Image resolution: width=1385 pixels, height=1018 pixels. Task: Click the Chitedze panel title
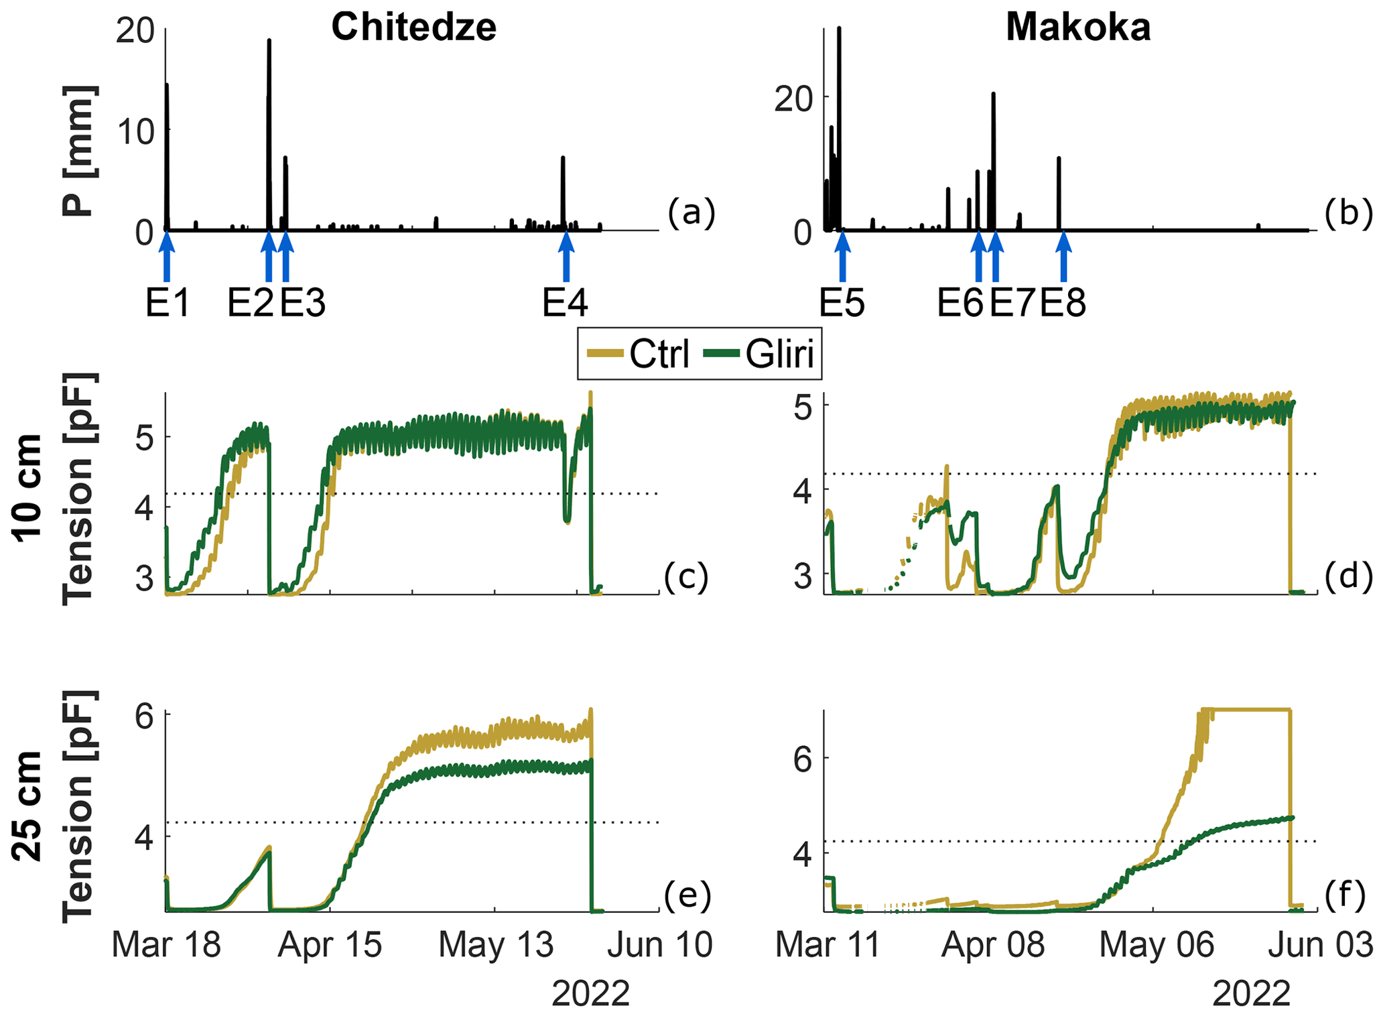click(413, 27)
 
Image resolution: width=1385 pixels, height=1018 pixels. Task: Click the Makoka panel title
click(1078, 27)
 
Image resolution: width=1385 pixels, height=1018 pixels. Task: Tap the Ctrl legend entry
click(640, 354)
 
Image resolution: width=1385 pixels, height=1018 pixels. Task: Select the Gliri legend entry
click(761, 354)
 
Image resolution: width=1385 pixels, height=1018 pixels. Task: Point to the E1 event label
click(168, 303)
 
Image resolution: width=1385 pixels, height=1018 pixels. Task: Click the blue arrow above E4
click(566, 255)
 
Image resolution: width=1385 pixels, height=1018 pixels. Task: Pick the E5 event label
click(842, 303)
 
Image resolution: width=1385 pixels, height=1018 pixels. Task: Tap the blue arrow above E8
click(1063, 255)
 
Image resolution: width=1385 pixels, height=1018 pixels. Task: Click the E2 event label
click(250, 303)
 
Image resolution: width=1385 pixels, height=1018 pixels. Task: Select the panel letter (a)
click(691, 212)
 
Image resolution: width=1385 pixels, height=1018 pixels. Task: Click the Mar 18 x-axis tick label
click(166, 944)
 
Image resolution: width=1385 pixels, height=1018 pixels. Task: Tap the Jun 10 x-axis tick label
click(660, 944)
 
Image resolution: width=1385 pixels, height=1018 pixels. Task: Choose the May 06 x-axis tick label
click(1157, 944)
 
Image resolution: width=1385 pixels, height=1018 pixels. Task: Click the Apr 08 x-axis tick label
click(992, 944)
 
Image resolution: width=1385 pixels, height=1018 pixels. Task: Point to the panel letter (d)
click(1348, 576)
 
